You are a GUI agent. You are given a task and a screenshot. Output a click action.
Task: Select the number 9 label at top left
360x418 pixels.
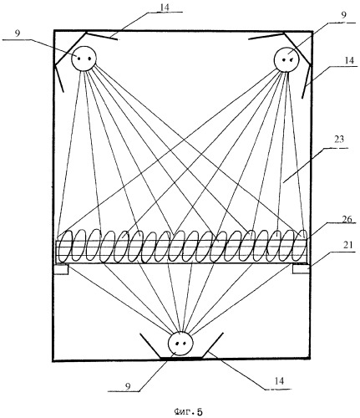click(x=18, y=33)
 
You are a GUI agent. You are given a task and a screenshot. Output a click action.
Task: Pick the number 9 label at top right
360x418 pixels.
click(x=344, y=15)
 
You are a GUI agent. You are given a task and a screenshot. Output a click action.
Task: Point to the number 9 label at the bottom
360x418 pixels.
click(x=128, y=386)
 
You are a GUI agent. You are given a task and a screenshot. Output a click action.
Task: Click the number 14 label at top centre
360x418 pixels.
click(x=165, y=8)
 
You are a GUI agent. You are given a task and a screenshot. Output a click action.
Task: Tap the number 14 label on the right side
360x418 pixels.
click(x=349, y=60)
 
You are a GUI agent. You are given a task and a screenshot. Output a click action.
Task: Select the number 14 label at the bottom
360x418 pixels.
click(x=279, y=380)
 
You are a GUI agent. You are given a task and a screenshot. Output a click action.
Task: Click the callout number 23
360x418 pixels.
click(x=339, y=140)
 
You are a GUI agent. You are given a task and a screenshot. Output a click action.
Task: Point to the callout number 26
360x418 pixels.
click(x=347, y=219)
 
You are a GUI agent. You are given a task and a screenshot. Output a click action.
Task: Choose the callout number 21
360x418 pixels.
click(x=347, y=245)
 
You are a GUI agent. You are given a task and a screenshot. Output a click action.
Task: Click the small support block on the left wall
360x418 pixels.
click(x=61, y=269)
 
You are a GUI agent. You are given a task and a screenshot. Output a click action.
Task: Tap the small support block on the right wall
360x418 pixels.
click(x=301, y=269)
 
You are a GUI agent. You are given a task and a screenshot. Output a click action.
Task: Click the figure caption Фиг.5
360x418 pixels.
click(x=188, y=411)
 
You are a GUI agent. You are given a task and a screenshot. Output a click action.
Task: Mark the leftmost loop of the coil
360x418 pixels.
click(x=65, y=246)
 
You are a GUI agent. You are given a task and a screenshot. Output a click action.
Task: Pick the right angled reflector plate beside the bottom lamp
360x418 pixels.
click(x=213, y=345)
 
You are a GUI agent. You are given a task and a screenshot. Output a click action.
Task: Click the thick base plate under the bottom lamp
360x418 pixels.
click(x=181, y=358)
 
